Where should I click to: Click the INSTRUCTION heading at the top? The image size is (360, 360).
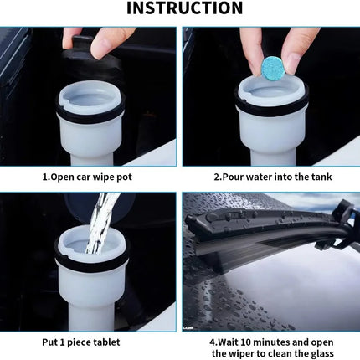pyautogui.click(x=185, y=8)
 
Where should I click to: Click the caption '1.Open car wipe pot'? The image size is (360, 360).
pyautogui.click(x=87, y=177)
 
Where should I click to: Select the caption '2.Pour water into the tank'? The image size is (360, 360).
pyautogui.click(x=273, y=177)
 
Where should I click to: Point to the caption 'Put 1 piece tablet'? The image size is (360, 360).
pyautogui.click(x=81, y=342)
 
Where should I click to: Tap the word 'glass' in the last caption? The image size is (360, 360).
pyautogui.click(x=320, y=353)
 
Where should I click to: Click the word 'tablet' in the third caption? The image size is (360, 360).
pyautogui.click(x=106, y=342)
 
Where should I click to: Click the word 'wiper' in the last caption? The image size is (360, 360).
pyautogui.click(x=242, y=353)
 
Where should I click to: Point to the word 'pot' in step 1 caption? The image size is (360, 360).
pyautogui.click(x=124, y=177)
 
